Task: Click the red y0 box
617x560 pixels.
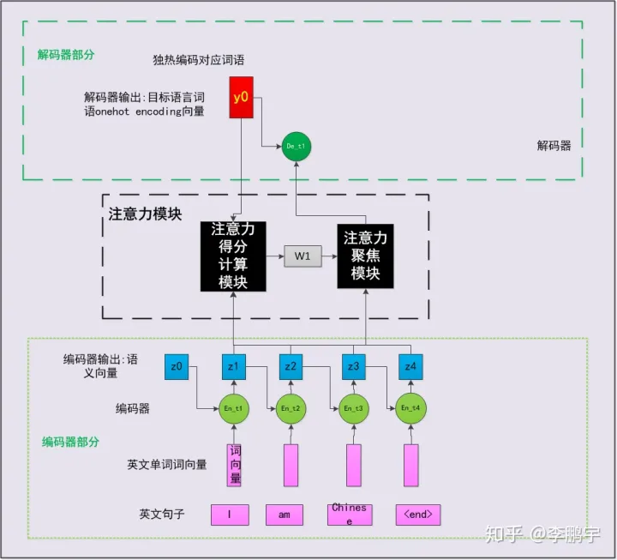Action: pos(241,98)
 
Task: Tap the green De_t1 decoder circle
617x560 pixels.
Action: pos(296,148)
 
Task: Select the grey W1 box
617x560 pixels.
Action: pos(302,256)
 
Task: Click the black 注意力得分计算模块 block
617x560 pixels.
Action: pos(233,256)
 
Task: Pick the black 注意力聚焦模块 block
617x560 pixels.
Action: pos(365,256)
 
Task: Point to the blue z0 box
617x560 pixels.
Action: pos(177,367)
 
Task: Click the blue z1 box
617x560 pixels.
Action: pos(233,367)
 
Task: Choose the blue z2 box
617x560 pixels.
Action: pos(291,367)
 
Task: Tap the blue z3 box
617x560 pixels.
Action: pos(353,367)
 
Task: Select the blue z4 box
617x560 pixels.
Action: pos(410,367)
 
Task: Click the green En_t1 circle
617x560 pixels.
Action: pos(233,408)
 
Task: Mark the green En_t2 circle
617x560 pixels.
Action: pos(291,408)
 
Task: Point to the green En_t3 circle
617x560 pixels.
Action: pos(353,408)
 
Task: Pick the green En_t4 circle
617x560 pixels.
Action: pos(410,408)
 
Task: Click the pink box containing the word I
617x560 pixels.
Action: pos(230,515)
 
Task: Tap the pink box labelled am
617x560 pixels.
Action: pos(284,515)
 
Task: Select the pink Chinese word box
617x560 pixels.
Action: pos(350,514)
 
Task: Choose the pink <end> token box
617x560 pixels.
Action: pos(418,515)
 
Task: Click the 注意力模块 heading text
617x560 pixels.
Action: pos(145,214)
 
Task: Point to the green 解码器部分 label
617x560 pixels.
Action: pos(66,54)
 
